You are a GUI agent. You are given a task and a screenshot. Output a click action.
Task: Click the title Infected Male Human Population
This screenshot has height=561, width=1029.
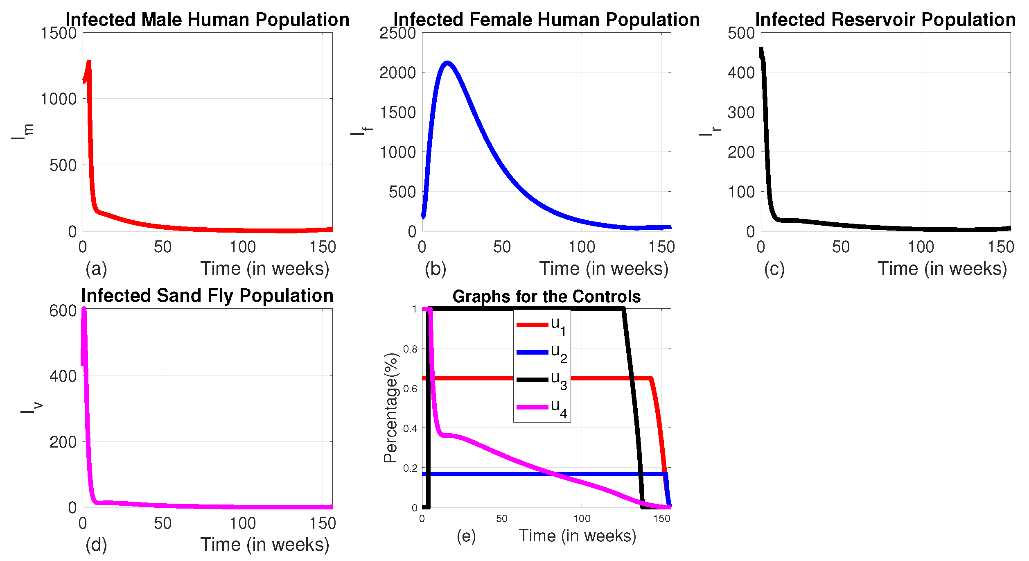tap(207, 19)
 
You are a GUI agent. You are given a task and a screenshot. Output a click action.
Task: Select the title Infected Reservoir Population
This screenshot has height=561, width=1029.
tap(885, 19)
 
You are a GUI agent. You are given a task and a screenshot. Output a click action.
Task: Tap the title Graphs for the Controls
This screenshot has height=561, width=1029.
tap(546, 296)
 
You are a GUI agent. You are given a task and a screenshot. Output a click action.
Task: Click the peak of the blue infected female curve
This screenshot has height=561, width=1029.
tap(447, 63)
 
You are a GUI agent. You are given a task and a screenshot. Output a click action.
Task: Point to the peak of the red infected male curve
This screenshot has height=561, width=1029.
tap(89, 62)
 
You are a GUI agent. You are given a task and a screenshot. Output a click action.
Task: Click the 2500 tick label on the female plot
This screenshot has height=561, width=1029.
tap(397, 33)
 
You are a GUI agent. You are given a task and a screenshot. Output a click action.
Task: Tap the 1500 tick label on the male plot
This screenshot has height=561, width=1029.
tap(59, 33)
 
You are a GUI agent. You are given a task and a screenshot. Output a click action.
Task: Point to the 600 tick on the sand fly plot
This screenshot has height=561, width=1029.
tap(63, 311)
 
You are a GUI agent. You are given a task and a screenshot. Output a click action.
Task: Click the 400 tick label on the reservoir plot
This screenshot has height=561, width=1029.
tap(741, 73)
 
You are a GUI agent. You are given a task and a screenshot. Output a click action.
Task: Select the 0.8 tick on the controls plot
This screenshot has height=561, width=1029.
tap(410, 349)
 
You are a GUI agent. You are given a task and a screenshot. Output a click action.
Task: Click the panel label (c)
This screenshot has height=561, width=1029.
tap(774, 269)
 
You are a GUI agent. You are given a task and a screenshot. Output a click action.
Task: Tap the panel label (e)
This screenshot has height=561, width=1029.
tap(466, 536)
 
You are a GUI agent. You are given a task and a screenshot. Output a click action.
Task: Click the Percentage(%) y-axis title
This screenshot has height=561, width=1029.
tap(390, 408)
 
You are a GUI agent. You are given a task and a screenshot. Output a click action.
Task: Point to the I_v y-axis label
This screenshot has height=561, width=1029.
tap(31, 408)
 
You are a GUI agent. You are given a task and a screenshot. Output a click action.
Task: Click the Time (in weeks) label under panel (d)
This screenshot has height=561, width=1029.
tap(265, 544)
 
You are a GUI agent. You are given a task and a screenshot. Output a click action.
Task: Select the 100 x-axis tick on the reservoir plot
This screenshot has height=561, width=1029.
tap(921, 247)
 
